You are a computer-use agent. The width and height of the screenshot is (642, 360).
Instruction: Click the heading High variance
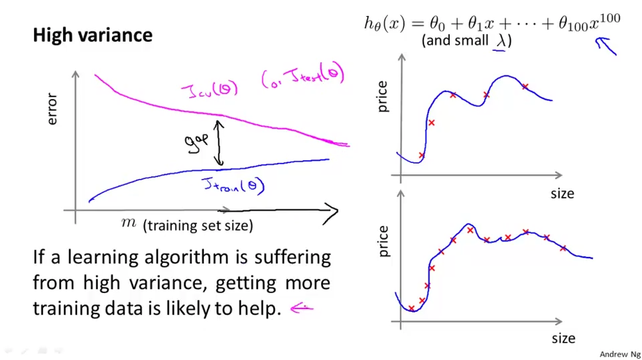[92, 35]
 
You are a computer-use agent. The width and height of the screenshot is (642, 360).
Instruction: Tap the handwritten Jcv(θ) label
[209, 89]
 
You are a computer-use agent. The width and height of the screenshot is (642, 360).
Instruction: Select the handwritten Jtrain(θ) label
[233, 184]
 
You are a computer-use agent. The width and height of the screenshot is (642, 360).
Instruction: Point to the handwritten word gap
[198, 141]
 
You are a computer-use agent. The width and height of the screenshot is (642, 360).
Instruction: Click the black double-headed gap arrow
[218, 142]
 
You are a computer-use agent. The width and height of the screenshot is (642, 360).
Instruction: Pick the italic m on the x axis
[128, 223]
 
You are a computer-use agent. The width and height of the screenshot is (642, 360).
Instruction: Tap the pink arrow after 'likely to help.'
[302, 308]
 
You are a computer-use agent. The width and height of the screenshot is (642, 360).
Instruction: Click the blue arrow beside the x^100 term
[606, 46]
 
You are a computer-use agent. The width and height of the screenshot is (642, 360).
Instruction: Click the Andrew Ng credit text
[619, 354]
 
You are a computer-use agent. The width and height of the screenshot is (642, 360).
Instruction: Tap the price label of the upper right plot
[383, 96]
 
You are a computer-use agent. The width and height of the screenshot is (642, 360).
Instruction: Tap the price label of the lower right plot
[383, 241]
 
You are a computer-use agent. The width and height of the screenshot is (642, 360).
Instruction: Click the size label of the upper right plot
[562, 193]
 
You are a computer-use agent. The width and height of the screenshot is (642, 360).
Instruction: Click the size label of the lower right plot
[563, 338]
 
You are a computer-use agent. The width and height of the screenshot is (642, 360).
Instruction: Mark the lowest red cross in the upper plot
[422, 156]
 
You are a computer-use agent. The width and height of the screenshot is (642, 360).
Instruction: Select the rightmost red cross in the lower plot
[563, 249]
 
